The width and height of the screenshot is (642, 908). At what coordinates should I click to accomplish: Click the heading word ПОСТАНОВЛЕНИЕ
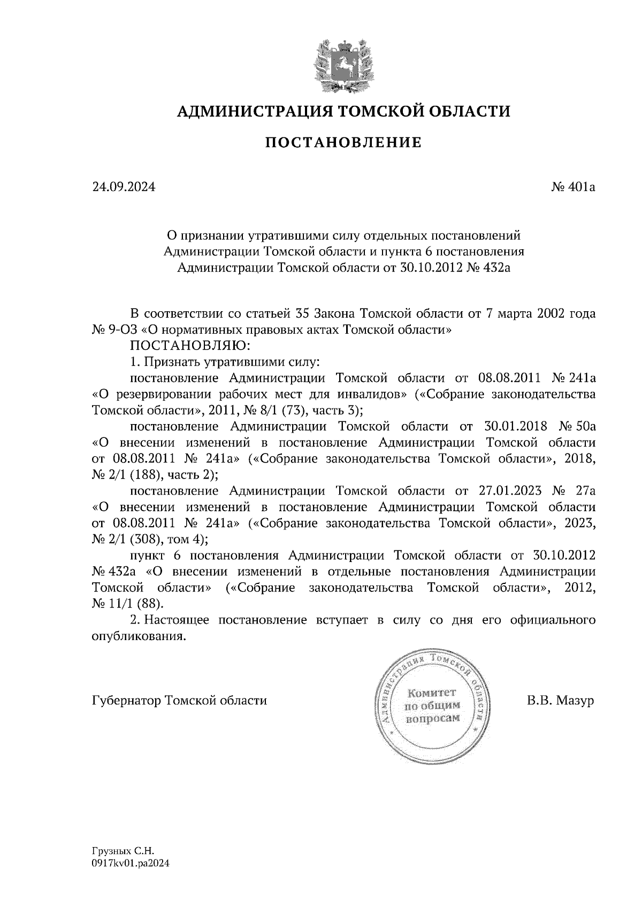[x=343, y=143]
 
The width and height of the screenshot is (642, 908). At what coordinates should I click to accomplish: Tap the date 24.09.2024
[x=124, y=187]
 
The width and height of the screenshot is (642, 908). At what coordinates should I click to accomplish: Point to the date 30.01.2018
[x=515, y=426]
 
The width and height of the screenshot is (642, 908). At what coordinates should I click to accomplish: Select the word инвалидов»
[x=370, y=394]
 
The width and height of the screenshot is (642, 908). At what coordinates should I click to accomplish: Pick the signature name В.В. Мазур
[x=560, y=700]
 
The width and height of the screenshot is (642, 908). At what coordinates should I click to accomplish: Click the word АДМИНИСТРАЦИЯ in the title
[x=249, y=111]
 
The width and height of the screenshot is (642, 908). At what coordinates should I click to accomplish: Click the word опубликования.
[x=140, y=636]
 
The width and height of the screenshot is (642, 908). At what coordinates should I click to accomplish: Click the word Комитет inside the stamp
[x=432, y=694]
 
